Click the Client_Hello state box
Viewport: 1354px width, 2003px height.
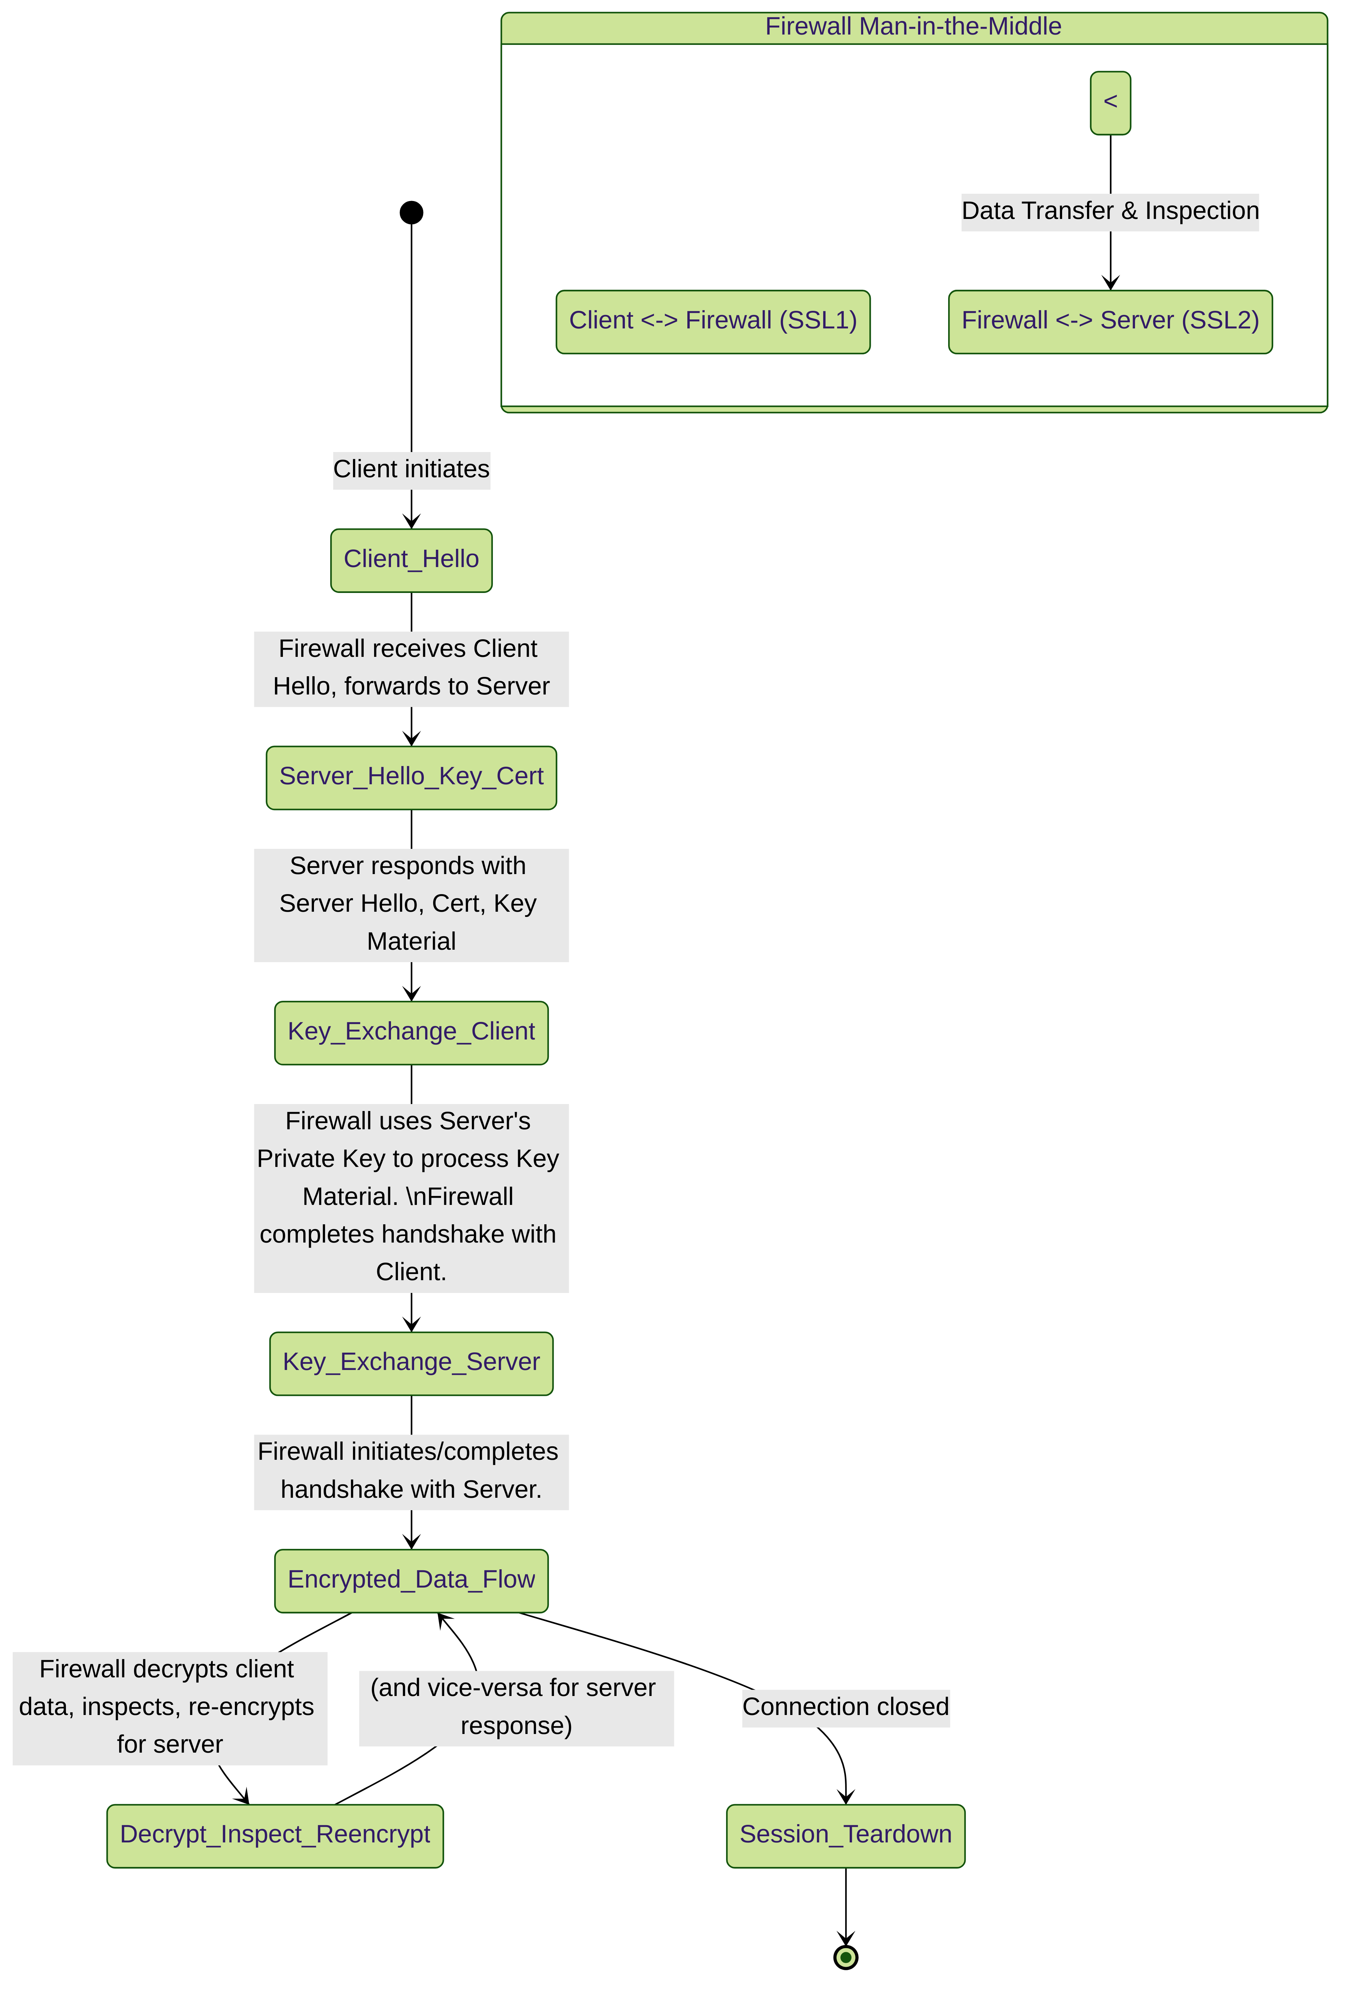point(411,560)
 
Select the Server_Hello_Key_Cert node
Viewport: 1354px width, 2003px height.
point(411,777)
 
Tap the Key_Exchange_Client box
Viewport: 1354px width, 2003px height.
point(411,1033)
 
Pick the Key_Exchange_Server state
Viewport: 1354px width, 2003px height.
point(411,1363)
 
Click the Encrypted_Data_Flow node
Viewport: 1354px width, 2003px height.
point(411,1581)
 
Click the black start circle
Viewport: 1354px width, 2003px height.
point(411,212)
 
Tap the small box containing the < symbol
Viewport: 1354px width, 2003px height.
point(1110,103)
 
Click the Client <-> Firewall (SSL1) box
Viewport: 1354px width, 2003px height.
point(713,322)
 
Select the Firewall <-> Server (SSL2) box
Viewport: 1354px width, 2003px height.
point(1110,322)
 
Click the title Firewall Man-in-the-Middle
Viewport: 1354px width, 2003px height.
point(914,27)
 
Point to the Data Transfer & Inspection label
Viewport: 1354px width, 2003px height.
point(1110,211)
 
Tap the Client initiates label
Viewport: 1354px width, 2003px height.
point(411,470)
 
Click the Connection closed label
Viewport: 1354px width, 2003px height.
point(846,1707)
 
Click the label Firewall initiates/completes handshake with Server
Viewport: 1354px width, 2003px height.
point(411,1471)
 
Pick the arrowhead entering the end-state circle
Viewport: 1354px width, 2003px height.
point(846,1939)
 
